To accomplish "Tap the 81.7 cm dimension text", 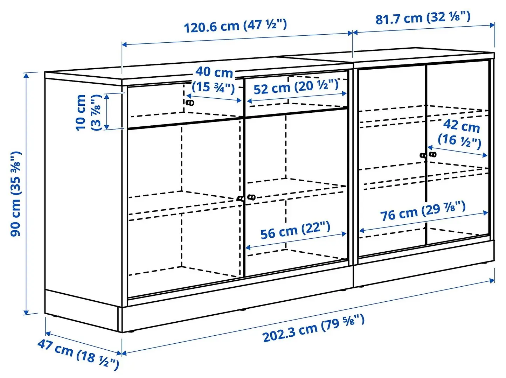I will [423, 17].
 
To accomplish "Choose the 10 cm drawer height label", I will [88, 112].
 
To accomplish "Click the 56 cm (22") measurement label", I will [295, 231].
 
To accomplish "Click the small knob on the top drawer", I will [190, 103].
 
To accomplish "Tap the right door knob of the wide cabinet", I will [251, 197].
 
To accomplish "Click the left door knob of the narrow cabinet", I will [423, 155].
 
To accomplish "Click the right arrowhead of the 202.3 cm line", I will [493, 280].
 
